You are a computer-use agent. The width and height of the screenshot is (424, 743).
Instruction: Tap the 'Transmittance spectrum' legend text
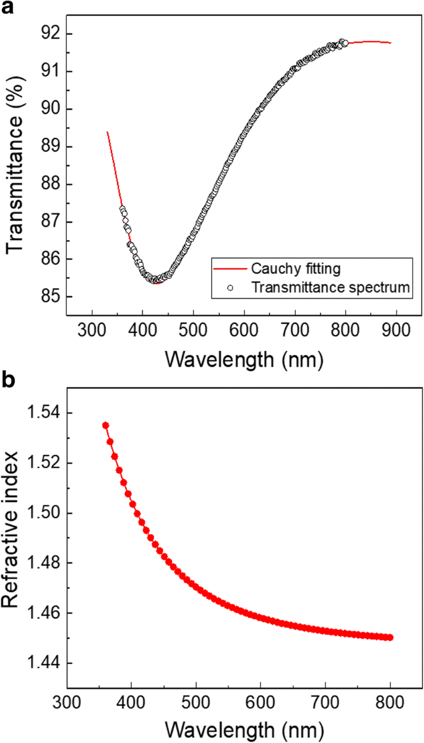pyautogui.click(x=331, y=287)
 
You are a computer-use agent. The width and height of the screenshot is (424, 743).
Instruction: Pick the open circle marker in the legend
pyautogui.click(x=230, y=287)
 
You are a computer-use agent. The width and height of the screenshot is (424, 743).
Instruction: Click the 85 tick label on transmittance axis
pyautogui.click(x=51, y=297)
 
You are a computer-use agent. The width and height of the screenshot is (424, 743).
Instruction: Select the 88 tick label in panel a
pyautogui.click(x=51, y=184)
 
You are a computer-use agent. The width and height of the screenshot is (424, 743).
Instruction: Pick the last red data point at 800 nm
pyautogui.click(x=390, y=637)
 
